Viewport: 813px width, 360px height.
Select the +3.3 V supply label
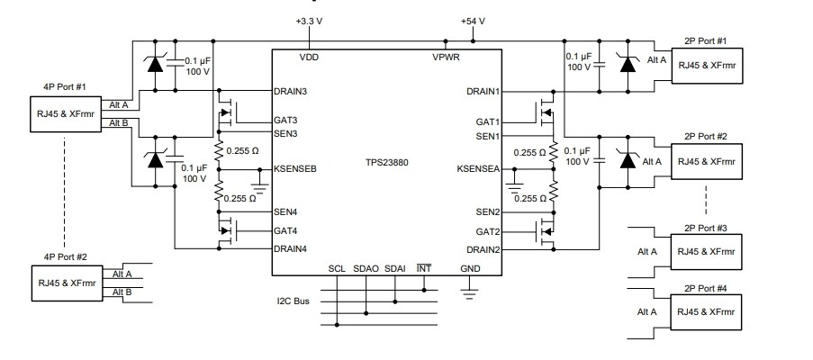click(x=309, y=20)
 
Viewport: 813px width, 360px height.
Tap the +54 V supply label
click(x=472, y=20)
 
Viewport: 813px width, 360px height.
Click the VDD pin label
click(x=309, y=57)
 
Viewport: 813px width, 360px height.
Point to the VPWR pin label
click(x=447, y=57)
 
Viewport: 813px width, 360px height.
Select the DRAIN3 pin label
click(x=292, y=91)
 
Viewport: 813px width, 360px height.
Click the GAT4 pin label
click(x=286, y=230)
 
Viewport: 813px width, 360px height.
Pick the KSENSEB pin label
click(x=296, y=168)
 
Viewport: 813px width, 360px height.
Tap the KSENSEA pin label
click(x=478, y=168)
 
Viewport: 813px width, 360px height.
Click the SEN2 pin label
click(x=487, y=212)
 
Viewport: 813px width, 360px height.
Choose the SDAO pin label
click(x=366, y=269)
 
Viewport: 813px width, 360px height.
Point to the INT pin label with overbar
click(x=425, y=269)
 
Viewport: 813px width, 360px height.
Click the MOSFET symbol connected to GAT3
click(x=230, y=112)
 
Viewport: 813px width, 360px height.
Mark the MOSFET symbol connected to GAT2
click(x=544, y=232)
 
